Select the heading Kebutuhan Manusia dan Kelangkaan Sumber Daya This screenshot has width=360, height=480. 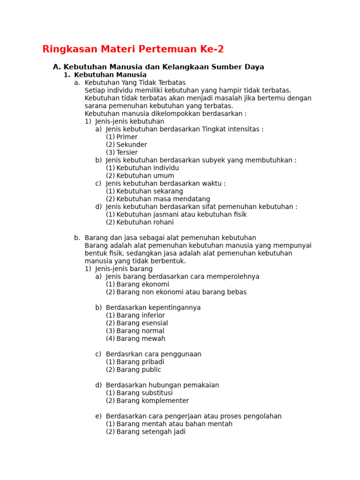tap(164, 67)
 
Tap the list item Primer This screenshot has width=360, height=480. tap(127, 137)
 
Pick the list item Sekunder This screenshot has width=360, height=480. tap(131, 145)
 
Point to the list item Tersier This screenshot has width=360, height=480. tap(127, 152)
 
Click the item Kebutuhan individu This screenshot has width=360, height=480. tap(148, 168)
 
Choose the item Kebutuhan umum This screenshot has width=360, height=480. tap(145, 176)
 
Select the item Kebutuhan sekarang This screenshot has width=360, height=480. tap(150, 191)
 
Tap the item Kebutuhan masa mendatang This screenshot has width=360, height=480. tap(163, 199)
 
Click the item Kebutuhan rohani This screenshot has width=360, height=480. tap(145, 222)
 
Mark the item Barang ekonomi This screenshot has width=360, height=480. tap(142, 284)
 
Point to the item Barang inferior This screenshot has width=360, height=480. tap(141, 315)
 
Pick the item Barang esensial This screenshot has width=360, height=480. tap(142, 323)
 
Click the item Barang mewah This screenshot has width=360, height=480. tap(141, 338)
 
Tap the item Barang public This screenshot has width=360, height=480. tap(139, 369)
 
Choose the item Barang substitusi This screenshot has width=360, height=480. tap(144, 393)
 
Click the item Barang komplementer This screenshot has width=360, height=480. tap(152, 401)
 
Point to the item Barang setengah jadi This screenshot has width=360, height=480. tap(150, 432)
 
